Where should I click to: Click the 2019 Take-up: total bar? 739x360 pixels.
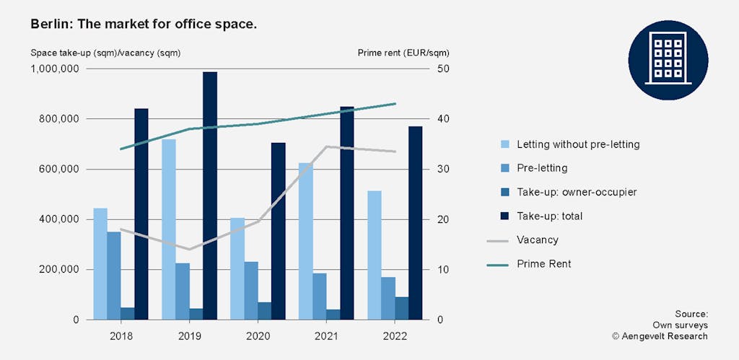(209, 196)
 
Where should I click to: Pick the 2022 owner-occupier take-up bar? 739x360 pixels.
(401, 308)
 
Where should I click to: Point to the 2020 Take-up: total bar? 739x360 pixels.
(279, 231)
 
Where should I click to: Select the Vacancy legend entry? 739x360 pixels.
(537, 240)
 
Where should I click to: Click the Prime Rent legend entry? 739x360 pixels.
(543, 264)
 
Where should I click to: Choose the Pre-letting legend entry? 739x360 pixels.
(541, 168)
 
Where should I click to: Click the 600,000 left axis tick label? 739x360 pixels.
(61, 170)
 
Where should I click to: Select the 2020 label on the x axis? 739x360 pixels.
(258, 336)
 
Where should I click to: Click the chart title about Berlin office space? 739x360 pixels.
(144, 25)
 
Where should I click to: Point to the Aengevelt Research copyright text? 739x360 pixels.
(660, 336)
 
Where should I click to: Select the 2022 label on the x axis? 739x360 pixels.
(395, 336)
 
